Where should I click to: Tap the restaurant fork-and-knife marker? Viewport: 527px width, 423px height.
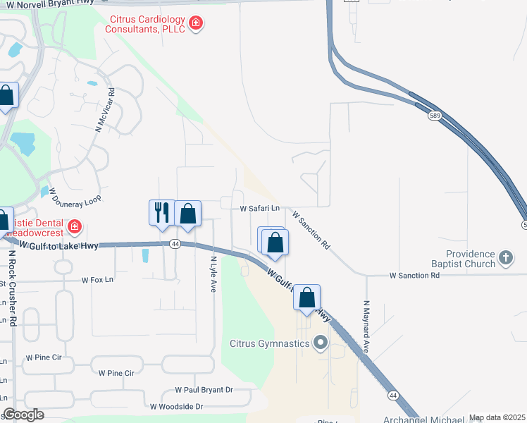pos(162,213)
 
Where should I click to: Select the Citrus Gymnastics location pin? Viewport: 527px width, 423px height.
pos(321,343)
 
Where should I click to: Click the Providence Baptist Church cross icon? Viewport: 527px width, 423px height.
pos(505,258)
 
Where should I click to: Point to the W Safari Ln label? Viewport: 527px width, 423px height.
pos(260,209)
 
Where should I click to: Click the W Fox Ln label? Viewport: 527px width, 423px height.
pos(97,280)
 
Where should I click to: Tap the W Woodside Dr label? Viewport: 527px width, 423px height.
pos(176,407)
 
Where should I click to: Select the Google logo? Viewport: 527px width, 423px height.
pos(23,415)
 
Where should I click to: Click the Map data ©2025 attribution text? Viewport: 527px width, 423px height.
pos(497,417)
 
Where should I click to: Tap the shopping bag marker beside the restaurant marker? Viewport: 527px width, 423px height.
pos(188,213)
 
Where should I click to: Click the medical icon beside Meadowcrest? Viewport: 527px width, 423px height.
pos(75,227)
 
